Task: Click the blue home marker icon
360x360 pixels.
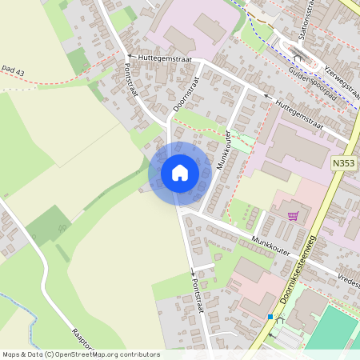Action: coord(180,173)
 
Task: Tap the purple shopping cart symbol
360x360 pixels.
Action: coord(294,215)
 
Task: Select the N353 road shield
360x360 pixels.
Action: coord(342,163)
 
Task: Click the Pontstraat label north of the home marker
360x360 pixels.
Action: coord(131,80)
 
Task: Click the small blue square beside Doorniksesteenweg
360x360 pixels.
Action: coord(270,317)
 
